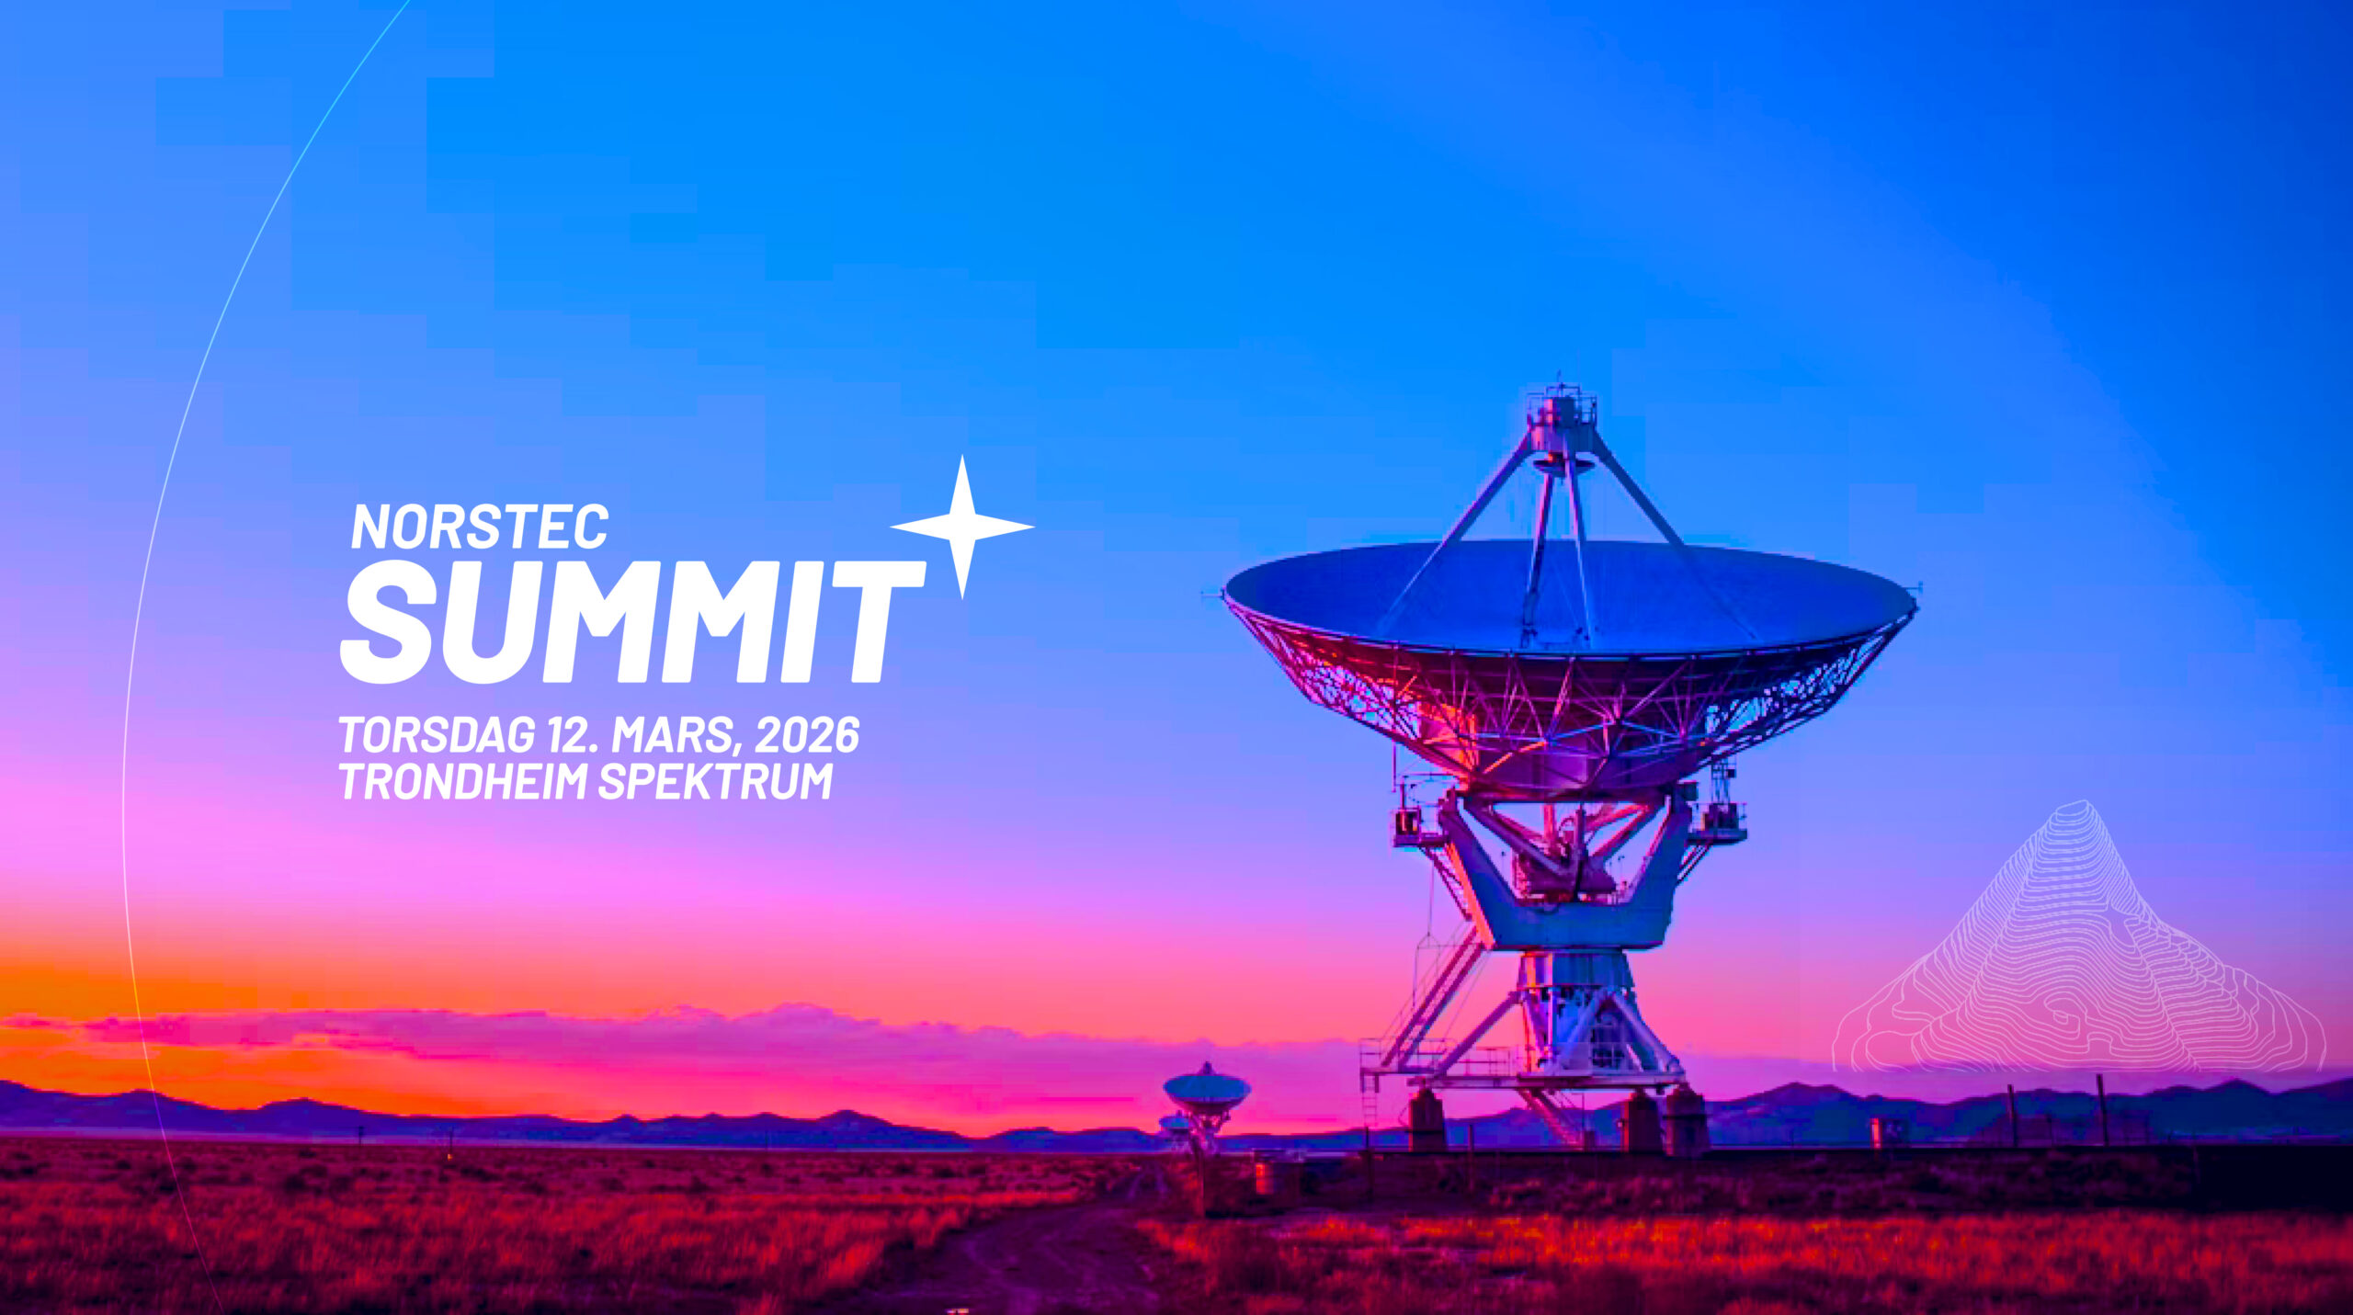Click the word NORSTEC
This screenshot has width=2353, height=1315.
[x=480, y=527]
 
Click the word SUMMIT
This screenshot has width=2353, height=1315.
[x=632, y=622]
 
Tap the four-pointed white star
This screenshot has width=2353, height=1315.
[x=962, y=527]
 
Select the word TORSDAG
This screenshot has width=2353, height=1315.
[x=437, y=735]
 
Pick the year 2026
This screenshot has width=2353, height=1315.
[x=807, y=735]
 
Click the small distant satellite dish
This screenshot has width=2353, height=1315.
[x=1206, y=1092]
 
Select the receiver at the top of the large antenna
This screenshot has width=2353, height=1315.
[x=1561, y=425]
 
